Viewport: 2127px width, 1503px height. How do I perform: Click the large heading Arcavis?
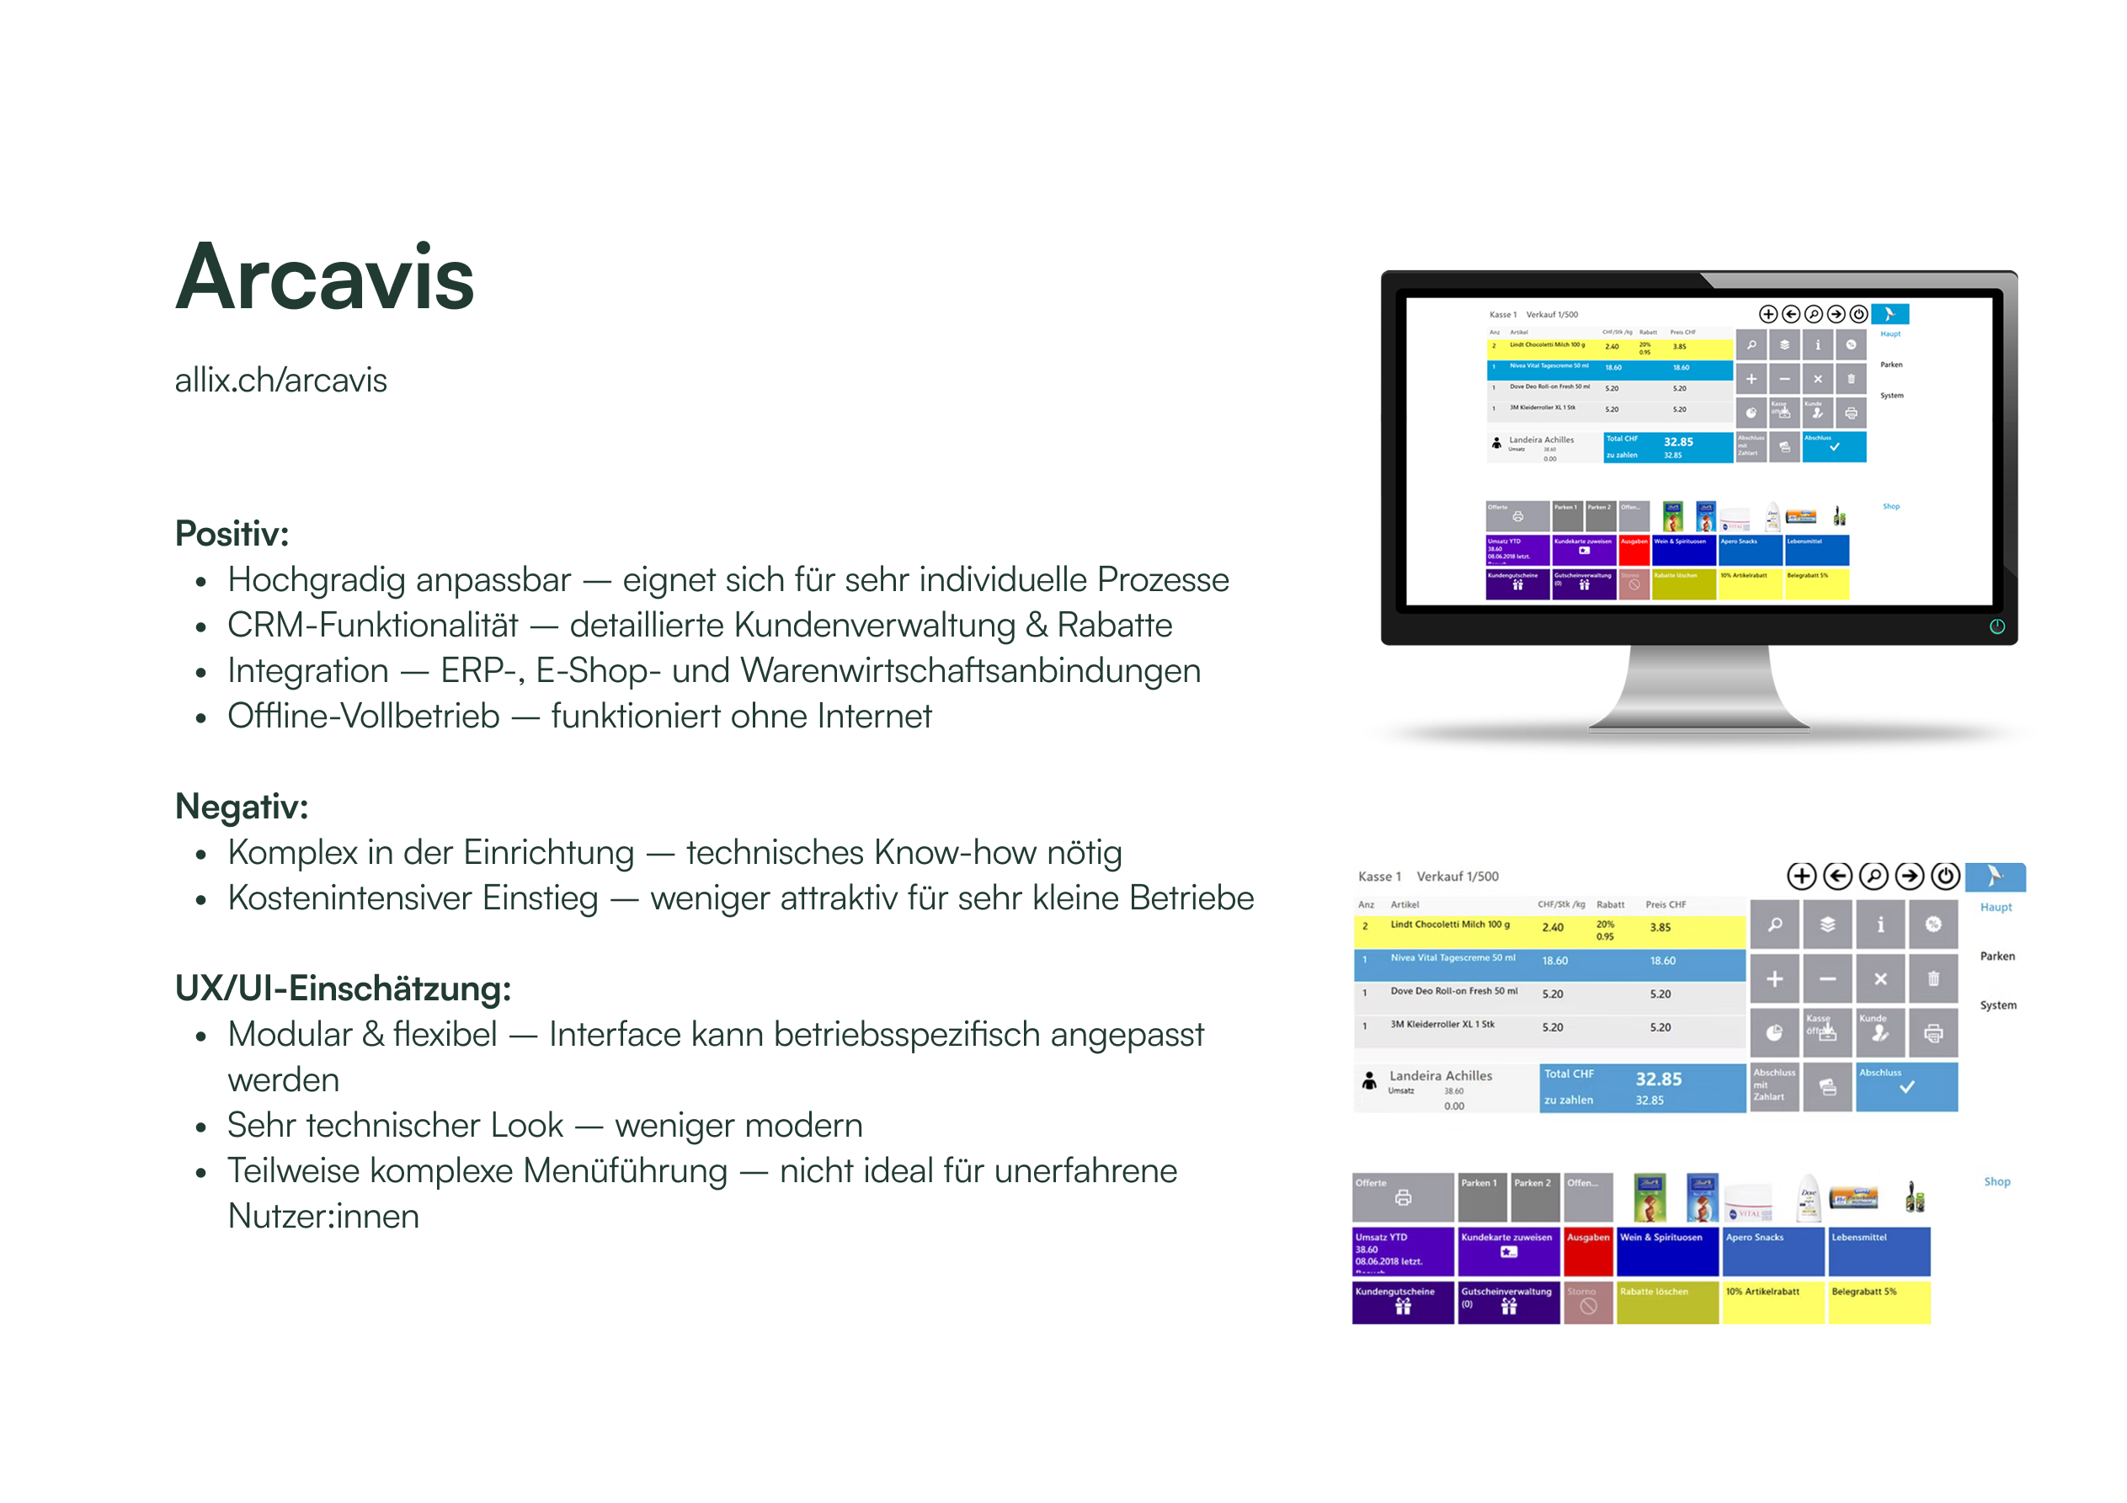(x=324, y=277)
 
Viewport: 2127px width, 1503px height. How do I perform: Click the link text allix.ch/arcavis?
(x=280, y=380)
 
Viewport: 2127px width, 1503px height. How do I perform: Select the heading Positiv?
(x=232, y=534)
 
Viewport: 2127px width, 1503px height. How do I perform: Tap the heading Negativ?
(x=241, y=806)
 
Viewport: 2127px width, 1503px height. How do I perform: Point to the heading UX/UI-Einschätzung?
(x=343, y=989)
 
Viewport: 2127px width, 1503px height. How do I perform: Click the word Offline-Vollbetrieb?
(x=363, y=717)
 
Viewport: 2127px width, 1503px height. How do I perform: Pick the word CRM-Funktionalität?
(x=372, y=626)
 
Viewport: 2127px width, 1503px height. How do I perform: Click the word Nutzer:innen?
(x=323, y=1216)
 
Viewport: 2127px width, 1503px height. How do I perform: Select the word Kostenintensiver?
(x=413, y=898)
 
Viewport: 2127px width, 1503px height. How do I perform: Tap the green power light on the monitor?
(x=1996, y=626)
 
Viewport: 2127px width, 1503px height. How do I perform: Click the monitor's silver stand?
(x=1698, y=690)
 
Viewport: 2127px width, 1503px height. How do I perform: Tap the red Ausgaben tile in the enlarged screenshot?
(x=1588, y=1250)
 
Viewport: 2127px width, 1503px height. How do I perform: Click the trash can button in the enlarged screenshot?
(x=1932, y=978)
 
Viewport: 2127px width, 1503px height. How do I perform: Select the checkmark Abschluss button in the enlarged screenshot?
(x=1906, y=1087)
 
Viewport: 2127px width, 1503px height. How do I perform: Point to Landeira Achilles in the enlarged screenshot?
(x=1440, y=1076)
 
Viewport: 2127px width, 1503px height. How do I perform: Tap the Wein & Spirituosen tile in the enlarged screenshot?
(x=1667, y=1250)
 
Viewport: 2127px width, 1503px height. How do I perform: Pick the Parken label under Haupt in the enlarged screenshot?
(x=1996, y=957)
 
